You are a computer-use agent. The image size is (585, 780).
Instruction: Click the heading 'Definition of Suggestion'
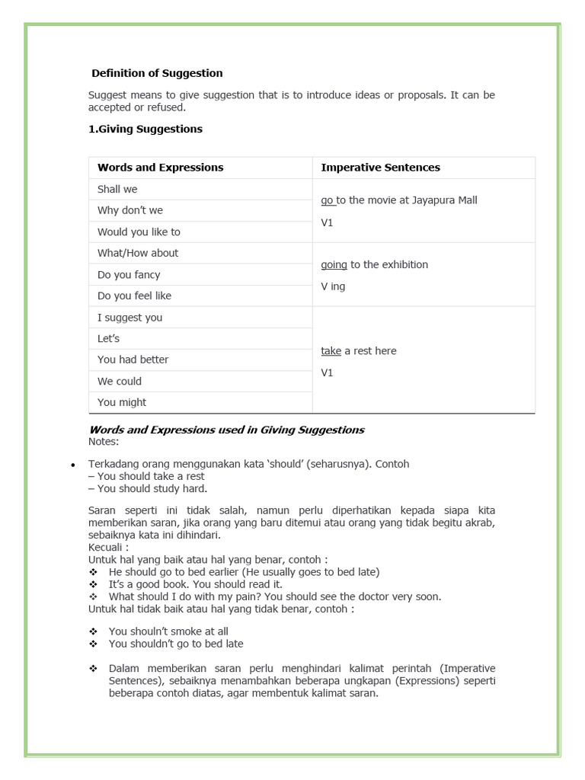157,74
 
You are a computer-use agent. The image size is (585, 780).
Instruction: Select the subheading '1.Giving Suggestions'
145,129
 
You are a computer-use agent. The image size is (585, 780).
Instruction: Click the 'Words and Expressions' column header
161,168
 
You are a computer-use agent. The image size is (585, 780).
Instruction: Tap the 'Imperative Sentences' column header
380,168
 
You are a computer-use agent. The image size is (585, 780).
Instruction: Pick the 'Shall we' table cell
117,189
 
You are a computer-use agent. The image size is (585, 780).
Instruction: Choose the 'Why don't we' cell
130,210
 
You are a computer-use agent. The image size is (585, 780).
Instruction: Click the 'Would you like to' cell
139,232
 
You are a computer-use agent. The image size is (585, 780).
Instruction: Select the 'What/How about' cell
138,253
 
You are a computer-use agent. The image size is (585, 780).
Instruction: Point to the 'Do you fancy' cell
129,274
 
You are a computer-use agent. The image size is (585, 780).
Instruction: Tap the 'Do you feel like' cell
134,296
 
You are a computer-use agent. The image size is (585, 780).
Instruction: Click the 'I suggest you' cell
129,318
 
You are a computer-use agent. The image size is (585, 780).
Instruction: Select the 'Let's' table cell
108,338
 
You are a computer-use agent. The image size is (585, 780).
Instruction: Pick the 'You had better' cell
133,360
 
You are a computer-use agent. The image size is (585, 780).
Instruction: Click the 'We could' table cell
120,381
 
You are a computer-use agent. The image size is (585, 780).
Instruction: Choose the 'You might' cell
122,402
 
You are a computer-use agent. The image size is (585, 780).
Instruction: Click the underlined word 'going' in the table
334,265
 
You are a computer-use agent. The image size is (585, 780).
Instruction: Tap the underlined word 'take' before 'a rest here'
331,351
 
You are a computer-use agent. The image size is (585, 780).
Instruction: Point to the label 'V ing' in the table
333,286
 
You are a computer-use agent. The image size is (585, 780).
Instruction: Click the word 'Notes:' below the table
104,442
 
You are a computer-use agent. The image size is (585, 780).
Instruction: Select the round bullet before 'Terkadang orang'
72,465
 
